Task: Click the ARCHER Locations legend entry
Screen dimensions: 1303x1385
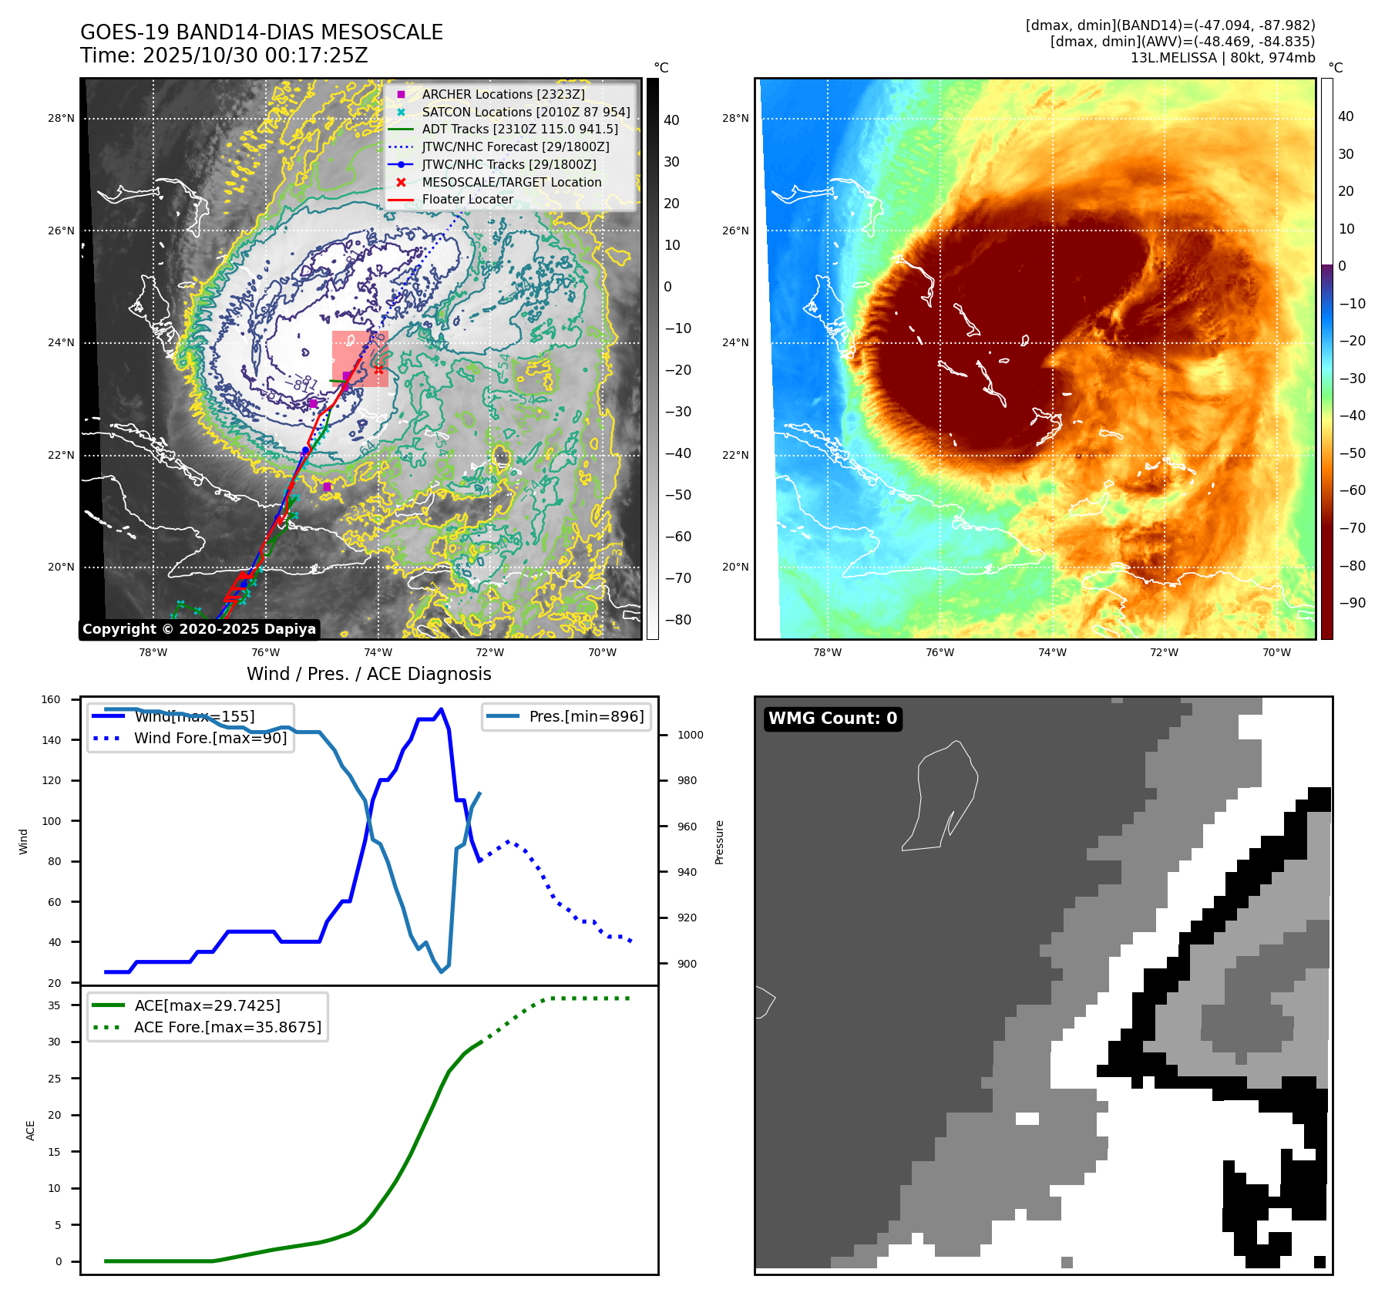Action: pyautogui.click(x=503, y=94)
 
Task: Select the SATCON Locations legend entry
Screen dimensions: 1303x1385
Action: pyautogui.click(x=526, y=112)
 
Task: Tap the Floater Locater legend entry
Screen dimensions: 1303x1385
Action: pyautogui.click(x=467, y=199)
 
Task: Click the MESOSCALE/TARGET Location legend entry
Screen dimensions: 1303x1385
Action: pyautogui.click(x=511, y=182)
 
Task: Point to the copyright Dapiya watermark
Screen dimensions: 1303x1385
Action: pyautogui.click(x=199, y=629)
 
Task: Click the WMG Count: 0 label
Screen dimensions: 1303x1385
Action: pyautogui.click(x=832, y=719)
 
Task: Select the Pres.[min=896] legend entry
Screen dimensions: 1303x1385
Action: pyautogui.click(x=586, y=716)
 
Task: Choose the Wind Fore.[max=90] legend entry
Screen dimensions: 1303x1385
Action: pyautogui.click(x=210, y=738)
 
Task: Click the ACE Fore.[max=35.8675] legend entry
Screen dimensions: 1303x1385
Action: pyautogui.click(x=227, y=1027)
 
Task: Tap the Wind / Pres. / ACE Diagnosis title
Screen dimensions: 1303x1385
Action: pyautogui.click(x=368, y=674)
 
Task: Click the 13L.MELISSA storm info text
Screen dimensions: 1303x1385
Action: pyautogui.click(x=1222, y=58)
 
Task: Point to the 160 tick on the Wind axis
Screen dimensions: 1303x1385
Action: pyautogui.click(x=51, y=700)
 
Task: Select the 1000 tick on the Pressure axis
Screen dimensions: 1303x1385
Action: pyautogui.click(x=690, y=735)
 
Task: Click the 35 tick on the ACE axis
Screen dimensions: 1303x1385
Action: pyautogui.click(x=54, y=1005)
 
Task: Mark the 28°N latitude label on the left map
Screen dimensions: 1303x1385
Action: pyautogui.click(x=61, y=119)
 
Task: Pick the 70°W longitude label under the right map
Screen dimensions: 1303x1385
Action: pyautogui.click(x=1276, y=652)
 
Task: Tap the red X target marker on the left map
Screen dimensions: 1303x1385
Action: pyautogui.click(x=378, y=370)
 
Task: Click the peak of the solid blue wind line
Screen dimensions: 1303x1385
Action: pyautogui.click(x=441, y=709)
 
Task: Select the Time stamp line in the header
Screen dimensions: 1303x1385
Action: pyautogui.click(x=224, y=56)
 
